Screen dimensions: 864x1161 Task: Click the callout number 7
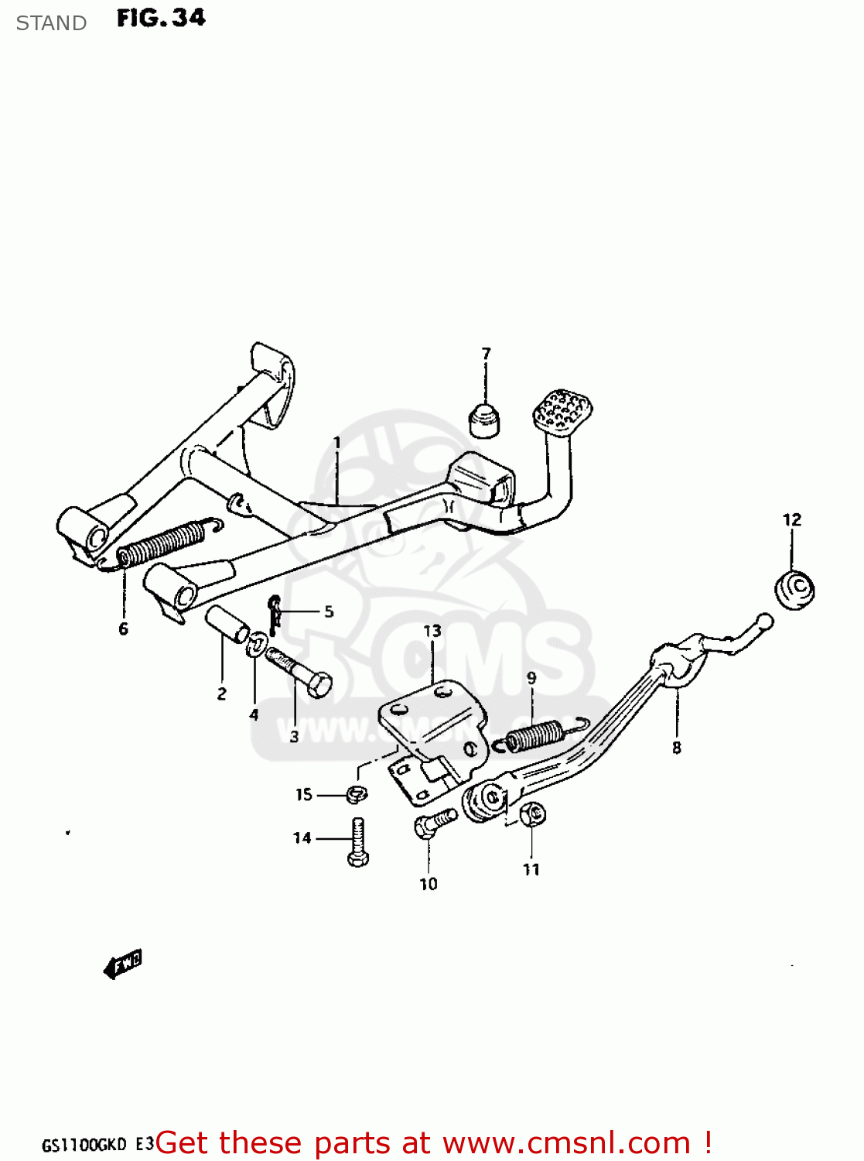[x=486, y=354]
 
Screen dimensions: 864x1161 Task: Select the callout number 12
[x=792, y=520]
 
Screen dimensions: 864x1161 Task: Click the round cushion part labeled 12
[x=795, y=590]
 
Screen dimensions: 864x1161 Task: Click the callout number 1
[x=337, y=443]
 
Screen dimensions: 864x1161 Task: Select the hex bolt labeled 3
[x=300, y=673]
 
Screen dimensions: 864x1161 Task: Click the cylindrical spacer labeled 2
[x=226, y=625]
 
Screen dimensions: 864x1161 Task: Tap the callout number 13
[x=432, y=632]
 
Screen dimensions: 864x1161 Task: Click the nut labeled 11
[x=533, y=813]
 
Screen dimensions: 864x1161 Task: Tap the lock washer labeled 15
[x=357, y=793]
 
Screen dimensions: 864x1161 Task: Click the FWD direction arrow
[x=122, y=964]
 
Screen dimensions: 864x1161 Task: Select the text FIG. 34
[x=161, y=18]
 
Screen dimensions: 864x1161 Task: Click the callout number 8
[x=677, y=748]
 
